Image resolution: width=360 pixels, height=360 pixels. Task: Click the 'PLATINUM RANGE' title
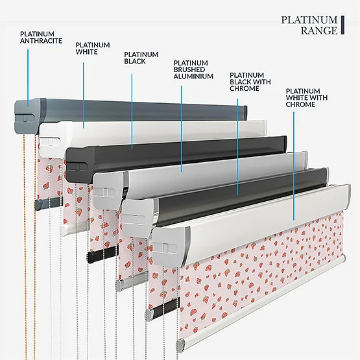[309, 25]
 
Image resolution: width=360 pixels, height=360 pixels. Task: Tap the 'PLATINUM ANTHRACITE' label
[41, 38]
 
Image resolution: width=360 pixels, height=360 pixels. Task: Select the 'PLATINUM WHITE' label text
[93, 48]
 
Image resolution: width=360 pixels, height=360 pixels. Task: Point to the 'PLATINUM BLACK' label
[141, 58]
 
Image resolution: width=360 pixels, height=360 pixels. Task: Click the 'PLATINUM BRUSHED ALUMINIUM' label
[193, 69]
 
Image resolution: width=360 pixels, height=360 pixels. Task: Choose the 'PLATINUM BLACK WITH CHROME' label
[250, 82]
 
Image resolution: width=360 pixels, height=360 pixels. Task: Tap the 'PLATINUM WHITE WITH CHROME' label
[307, 97]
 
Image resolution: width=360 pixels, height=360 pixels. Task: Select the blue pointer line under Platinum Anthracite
[28, 78]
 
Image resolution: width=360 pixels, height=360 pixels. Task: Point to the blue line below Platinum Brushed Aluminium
[182, 129]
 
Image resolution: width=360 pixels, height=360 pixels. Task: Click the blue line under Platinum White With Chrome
[294, 166]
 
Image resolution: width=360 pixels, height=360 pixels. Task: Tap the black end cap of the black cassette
[80, 165]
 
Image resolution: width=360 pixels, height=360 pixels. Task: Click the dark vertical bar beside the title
[342, 25]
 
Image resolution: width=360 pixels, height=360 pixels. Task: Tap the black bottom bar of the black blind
[103, 254]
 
